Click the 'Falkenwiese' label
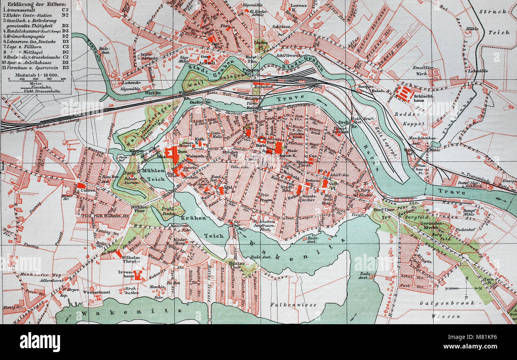coord(293,305)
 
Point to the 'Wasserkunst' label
coord(97,292)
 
